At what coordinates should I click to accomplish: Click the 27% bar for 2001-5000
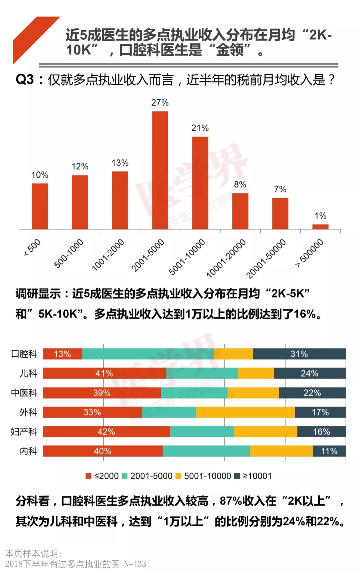click(x=160, y=170)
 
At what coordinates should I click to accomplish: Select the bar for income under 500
click(x=40, y=206)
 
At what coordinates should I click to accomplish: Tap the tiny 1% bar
click(x=320, y=227)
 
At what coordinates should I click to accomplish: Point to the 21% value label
click(x=200, y=128)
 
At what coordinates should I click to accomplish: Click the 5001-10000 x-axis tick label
click(x=187, y=256)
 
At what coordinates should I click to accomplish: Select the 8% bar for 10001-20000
click(x=240, y=211)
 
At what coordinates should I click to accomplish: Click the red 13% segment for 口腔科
click(x=62, y=354)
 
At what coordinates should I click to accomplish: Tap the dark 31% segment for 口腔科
click(x=299, y=354)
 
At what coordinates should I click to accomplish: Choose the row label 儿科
click(x=28, y=373)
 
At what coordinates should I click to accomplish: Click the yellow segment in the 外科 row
click(x=245, y=412)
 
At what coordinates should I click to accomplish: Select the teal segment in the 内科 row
click(x=206, y=451)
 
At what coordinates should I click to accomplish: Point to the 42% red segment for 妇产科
click(x=106, y=432)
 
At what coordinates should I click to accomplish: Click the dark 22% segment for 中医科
click(x=312, y=393)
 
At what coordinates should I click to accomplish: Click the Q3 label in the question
click(x=25, y=80)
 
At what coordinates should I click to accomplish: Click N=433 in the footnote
click(x=135, y=564)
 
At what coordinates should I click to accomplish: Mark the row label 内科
click(x=28, y=451)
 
